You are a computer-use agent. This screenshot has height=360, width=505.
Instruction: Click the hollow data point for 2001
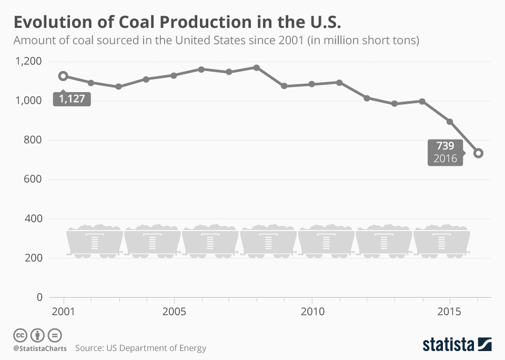click(x=63, y=76)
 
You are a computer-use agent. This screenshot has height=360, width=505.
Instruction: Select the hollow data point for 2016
click(x=478, y=153)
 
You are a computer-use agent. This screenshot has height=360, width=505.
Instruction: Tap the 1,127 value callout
click(x=72, y=99)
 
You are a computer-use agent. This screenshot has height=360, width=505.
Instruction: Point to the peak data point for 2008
click(x=257, y=67)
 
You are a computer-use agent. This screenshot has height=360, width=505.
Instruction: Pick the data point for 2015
click(x=450, y=122)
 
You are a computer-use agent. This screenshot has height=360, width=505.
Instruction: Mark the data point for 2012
click(x=367, y=98)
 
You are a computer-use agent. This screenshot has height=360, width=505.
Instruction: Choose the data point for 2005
click(x=174, y=75)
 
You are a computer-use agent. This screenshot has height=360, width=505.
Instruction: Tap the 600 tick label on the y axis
click(x=33, y=179)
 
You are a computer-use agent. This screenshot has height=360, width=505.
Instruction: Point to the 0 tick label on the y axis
click(x=39, y=297)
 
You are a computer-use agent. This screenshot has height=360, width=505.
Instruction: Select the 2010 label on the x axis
click(x=312, y=311)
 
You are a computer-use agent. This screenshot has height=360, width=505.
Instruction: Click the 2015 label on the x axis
click(x=450, y=311)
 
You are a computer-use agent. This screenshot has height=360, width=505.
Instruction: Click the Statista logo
click(x=457, y=345)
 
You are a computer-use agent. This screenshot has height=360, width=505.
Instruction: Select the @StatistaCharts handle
click(x=40, y=348)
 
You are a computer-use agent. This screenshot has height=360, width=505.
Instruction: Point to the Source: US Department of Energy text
click(x=140, y=348)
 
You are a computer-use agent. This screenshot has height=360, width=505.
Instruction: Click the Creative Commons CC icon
click(x=20, y=335)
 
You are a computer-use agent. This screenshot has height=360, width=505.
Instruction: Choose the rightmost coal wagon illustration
click(x=442, y=242)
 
